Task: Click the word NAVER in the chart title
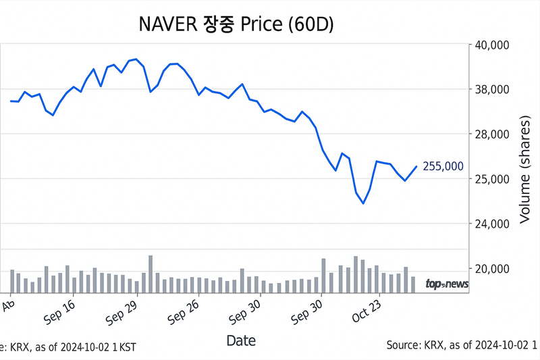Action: pos(168,24)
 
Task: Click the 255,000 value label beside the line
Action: pos(443,166)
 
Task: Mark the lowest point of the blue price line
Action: pos(363,203)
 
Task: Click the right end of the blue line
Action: pos(416,166)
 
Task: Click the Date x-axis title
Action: pos(241,340)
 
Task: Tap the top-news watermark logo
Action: pos(446,284)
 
